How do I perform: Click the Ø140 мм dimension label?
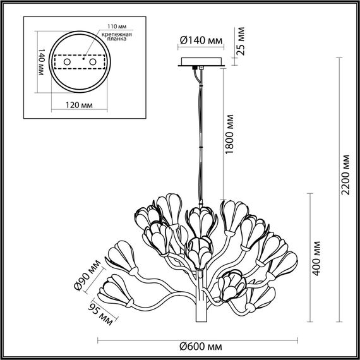click(201, 41)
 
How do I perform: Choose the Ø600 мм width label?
click(201, 347)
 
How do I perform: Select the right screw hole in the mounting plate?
click(93, 63)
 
